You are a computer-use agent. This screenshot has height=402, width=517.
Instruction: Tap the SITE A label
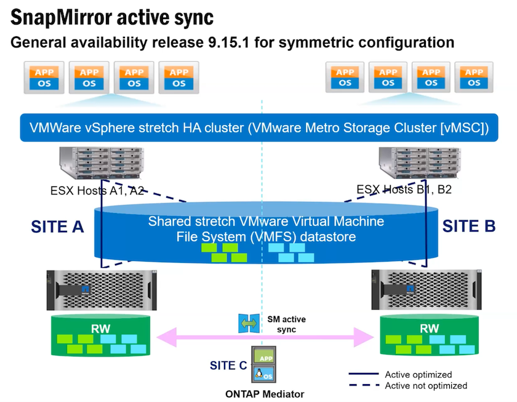point(57,227)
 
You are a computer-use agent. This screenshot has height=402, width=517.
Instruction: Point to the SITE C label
point(227,366)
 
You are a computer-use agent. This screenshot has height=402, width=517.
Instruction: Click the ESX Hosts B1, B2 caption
point(404,190)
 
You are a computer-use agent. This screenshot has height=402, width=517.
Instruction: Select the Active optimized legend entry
point(419,374)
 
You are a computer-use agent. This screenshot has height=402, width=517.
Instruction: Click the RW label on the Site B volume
point(430,329)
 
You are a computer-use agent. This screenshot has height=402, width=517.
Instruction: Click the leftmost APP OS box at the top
point(44,78)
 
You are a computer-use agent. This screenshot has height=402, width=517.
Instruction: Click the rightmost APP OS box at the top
point(473,78)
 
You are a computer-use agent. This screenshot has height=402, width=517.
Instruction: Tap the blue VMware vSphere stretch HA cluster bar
point(259,128)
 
